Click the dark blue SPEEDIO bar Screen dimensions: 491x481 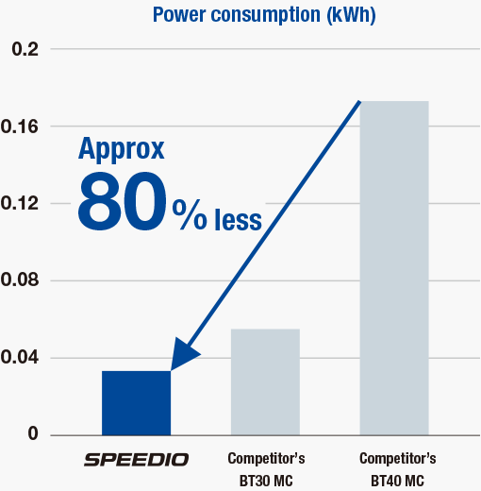(x=136, y=403)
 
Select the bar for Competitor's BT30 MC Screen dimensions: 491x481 (x=265, y=381)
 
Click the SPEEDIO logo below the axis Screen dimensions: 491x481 (x=136, y=460)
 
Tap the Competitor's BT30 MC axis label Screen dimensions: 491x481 (x=265, y=469)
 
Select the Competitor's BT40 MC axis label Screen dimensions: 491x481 (x=397, y=469)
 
